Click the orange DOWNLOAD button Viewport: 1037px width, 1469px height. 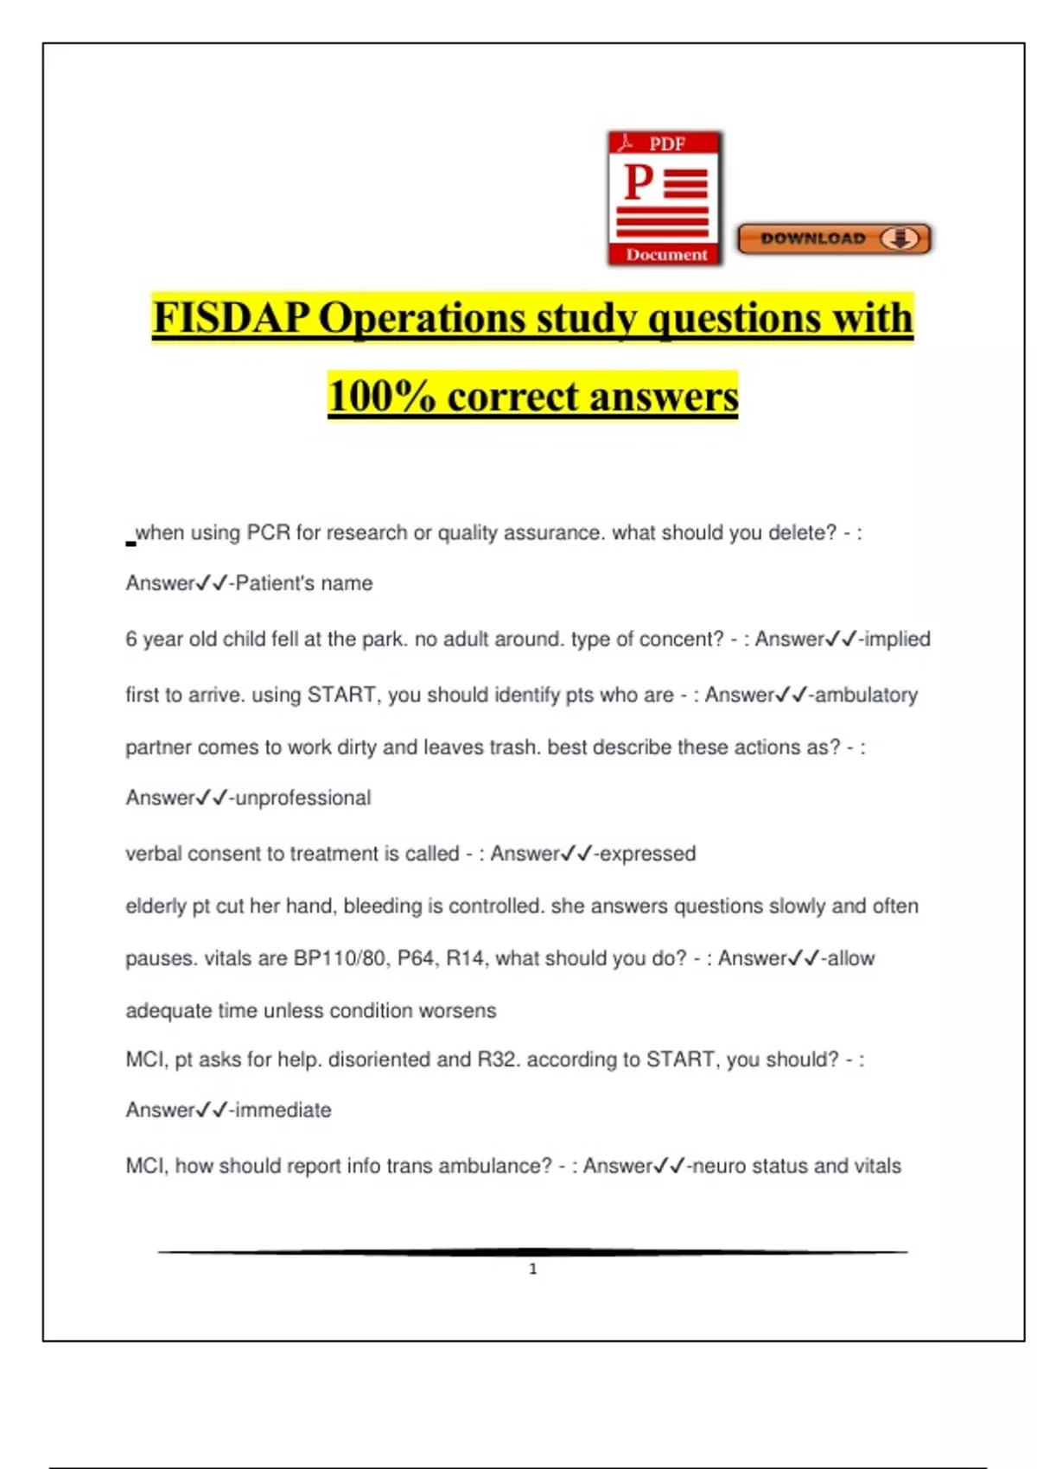coord(834,238)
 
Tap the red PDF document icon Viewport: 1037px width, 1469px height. coord(665,198)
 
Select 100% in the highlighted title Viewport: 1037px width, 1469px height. coord(381,397)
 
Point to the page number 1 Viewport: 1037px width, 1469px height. coord(532,1269)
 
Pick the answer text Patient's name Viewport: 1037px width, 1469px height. coord(303,583)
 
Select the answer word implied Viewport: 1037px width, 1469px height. coord(897,639)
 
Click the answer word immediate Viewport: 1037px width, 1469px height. coord(283,1110)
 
